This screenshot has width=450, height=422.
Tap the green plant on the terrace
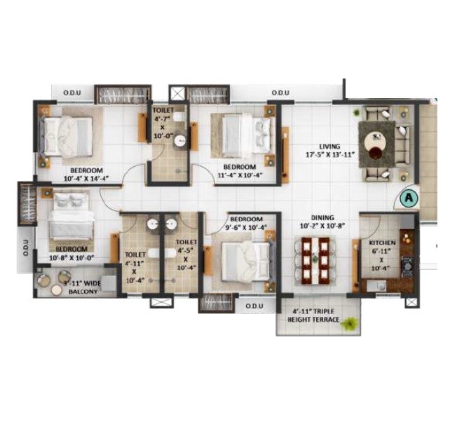click(351, 322)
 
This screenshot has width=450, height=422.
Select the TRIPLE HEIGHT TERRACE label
click(316, 316)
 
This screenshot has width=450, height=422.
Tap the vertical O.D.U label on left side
click(25, 249)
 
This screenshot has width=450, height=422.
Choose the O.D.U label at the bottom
click(254, 306)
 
